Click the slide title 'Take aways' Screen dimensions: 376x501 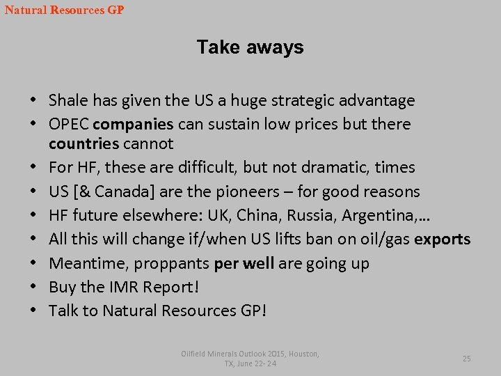250,47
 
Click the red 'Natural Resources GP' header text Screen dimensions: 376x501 64,10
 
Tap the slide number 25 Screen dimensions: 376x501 466,359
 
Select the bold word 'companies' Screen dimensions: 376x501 133,125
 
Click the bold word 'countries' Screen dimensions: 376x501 83,144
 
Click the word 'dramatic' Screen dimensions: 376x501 336,168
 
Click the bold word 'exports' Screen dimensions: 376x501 442,240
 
